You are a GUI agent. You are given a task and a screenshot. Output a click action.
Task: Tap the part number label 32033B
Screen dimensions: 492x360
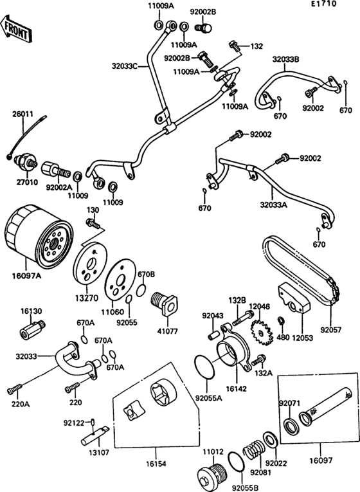point(286,59)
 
